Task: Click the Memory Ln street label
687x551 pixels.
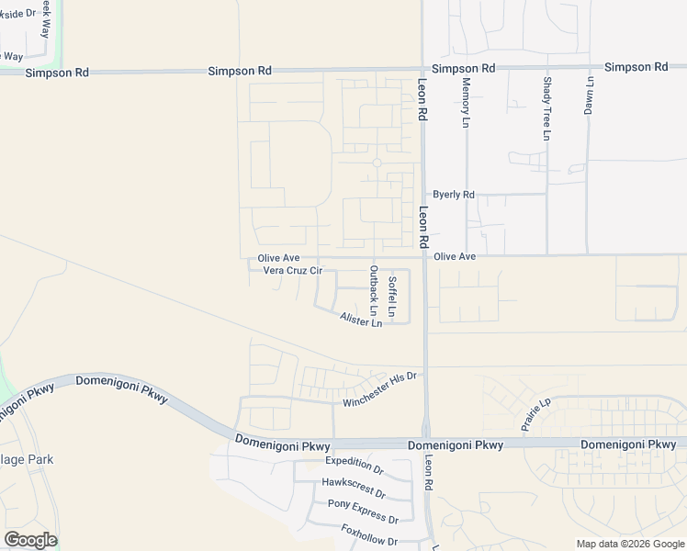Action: pos(466,102)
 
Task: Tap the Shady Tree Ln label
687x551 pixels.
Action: pos(546,108)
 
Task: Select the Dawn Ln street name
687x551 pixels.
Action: pos(589,94)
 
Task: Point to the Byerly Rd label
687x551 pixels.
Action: pos(454,195)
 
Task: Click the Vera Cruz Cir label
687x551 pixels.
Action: pos(293,271)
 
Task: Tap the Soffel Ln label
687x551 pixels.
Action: pos(392,297)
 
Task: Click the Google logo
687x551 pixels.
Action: pos(30,540)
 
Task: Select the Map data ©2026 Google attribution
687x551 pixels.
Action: pos(630,544)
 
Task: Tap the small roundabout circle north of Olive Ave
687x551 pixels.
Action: pos(377,163)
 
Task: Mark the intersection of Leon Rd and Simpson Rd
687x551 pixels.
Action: pos(422,70)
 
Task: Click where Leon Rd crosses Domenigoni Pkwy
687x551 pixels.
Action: pos(426,444)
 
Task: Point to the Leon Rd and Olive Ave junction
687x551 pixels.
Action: pos(423,256)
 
